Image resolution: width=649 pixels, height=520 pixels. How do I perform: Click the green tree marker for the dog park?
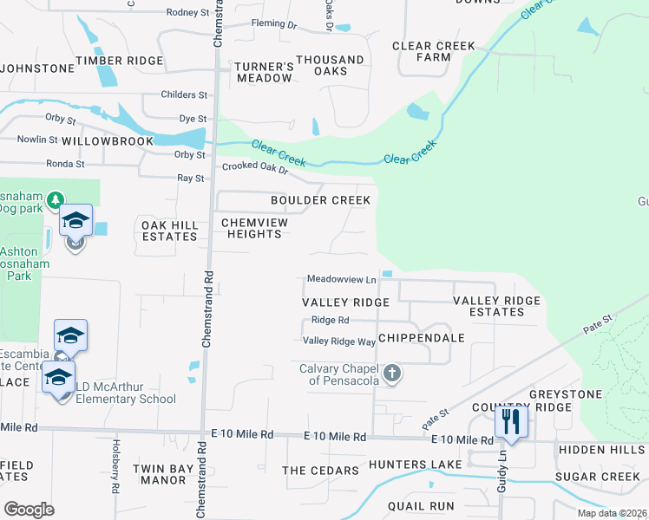point(56,201)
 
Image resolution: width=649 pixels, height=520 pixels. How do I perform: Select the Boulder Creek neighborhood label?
point(320,200)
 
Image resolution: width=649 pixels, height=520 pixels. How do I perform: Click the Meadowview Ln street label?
point(342,279)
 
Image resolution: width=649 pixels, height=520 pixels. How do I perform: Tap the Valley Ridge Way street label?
point(339,341)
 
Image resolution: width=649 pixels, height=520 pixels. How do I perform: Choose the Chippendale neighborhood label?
point(422,337)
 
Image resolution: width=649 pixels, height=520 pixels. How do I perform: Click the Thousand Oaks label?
point(330,65)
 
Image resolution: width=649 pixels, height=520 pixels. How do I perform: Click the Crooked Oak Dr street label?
point(253,166)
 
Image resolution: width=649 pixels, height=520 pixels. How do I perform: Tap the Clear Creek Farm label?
point(434,51)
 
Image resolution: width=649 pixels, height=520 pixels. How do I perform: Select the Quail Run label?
point(421,506)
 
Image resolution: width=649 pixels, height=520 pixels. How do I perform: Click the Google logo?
point(29,509)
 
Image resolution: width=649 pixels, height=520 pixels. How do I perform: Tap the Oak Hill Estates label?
point(170,231)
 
